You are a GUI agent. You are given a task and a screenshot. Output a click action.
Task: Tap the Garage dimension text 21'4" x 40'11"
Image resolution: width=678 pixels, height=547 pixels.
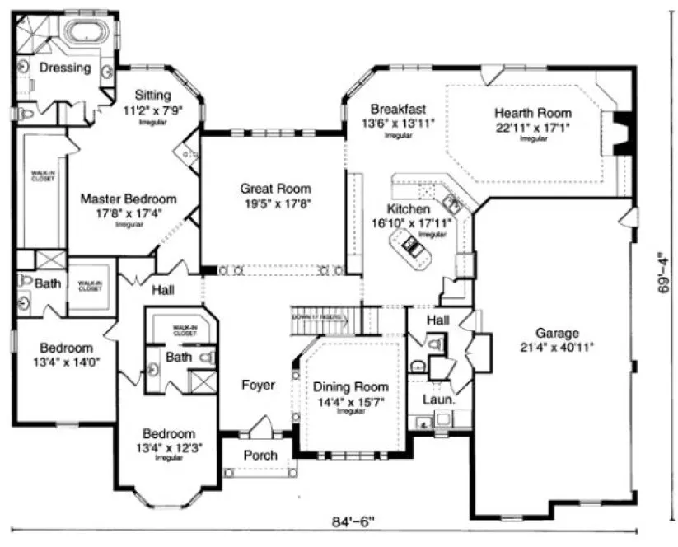pos(557,347)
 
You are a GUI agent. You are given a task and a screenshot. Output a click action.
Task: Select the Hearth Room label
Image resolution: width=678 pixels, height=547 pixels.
pos(532,113)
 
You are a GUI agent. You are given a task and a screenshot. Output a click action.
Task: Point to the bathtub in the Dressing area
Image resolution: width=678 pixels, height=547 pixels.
pos(85,32)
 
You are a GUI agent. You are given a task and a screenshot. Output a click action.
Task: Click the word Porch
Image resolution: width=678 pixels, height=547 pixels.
pos(261,456)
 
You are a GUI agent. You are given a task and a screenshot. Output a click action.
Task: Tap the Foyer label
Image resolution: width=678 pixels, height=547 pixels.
pos(258,385)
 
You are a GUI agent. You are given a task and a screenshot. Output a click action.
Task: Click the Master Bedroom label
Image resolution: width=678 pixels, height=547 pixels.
pos(129,199)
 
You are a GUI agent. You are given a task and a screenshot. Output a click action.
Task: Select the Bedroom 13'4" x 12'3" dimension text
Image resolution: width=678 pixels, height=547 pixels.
pos(169,447)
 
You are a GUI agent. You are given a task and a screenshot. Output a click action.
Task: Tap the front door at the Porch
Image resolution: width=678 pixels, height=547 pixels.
pos(263,429)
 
